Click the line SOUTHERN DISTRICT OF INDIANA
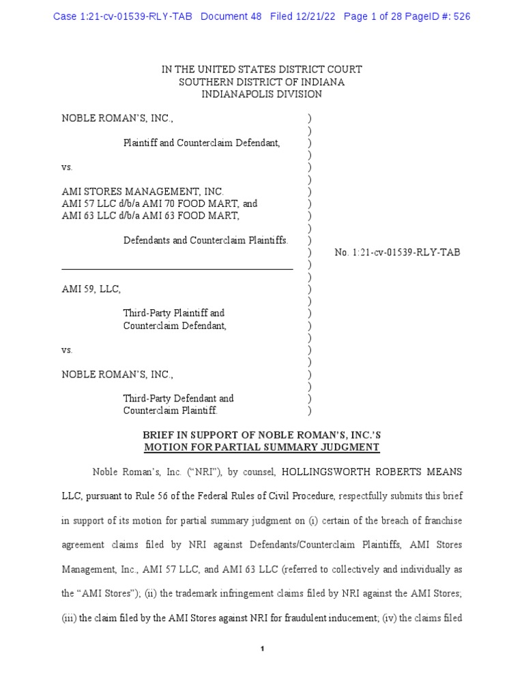click(261, 82)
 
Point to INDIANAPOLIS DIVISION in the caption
click(261, 94)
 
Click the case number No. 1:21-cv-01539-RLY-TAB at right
click(397, 253)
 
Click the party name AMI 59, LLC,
click(91, 289)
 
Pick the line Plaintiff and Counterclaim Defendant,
click(201, 143)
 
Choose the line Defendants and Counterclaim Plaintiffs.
click(205, 240)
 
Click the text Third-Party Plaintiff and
click(173, 313)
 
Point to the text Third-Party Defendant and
click(178, 398)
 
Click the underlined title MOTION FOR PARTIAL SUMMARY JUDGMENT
click(261, 448)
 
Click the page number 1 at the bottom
click(262, 648)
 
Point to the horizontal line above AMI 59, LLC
click(177, 270)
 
